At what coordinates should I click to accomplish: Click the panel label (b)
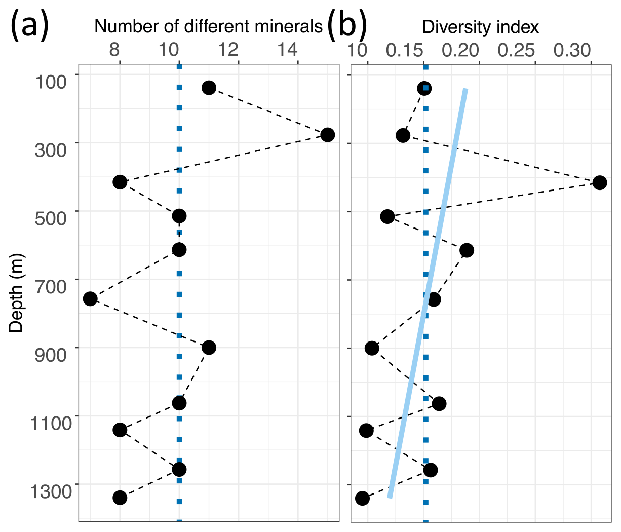pyautogui.click(x=346, y=27)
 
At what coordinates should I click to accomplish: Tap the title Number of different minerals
pyautogui.click(x=208, y=26)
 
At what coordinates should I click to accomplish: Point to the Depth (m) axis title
pyautogui.click(x=17, y=293)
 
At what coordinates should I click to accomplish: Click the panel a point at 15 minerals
pyautogui.click(x=327, y=135)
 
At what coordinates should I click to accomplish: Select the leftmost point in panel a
pyautogui.click(x=90, y=298)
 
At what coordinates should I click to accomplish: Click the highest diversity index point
pyautogui.click(x=599, y=183)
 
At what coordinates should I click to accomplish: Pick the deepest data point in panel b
pyautogui.click(x=362, y=498)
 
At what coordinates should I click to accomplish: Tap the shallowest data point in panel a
pyautogui.click(x=209, y=88)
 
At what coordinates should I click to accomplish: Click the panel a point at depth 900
pyautogui.click(x=209, y=348)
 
